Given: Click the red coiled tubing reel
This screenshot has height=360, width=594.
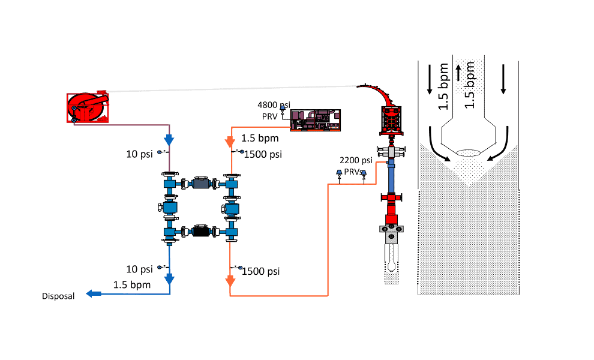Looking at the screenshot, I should coord(88,107).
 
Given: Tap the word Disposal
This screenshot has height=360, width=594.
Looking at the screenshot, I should coord(58,296).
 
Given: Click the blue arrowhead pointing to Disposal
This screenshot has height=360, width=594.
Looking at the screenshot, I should coord(92,293).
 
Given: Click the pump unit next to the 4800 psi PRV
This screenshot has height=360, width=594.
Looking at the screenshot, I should coord(314,119).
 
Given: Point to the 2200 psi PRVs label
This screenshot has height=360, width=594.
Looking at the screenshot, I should coord(356,166).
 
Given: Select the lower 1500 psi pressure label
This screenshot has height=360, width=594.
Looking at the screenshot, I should coord(261,271).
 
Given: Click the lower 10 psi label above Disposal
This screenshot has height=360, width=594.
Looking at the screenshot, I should coord(139,269).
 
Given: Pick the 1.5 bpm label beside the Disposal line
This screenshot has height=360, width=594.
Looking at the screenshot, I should coord(132,284).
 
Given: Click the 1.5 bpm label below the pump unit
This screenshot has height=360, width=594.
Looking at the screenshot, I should coord(260,139).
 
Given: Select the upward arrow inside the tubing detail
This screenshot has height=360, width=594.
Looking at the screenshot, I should coord(459,73).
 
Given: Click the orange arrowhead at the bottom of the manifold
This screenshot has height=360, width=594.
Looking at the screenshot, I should coord(229,281).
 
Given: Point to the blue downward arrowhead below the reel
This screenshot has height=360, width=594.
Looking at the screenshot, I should coord(169,140).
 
